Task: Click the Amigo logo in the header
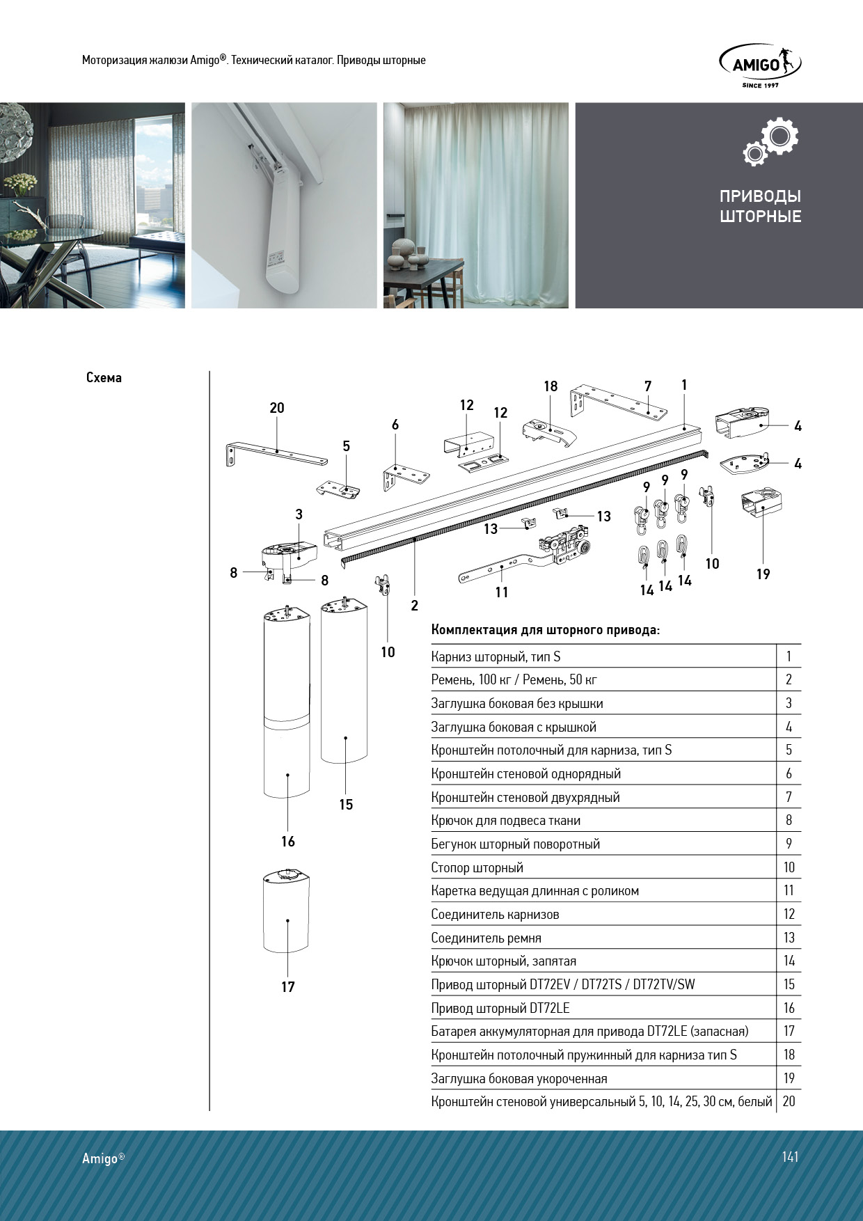tap(760, 65)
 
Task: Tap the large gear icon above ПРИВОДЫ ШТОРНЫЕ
tap(779, 136)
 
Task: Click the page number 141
tap(790, 1157)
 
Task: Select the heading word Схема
tap(104, 378)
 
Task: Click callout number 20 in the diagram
tap(277, 408)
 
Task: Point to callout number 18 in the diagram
tap(551, 386)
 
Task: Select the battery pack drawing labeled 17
tap(286, 911)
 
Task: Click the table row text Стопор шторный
tap(477, 868)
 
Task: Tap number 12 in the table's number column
tap(789, 914)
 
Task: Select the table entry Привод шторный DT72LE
tap(500, 1008)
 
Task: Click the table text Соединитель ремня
tap(486, 938)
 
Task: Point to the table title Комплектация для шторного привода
tap(545, 630)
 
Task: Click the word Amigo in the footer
tap(100, 1158)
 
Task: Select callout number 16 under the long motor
tap(288, 842)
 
